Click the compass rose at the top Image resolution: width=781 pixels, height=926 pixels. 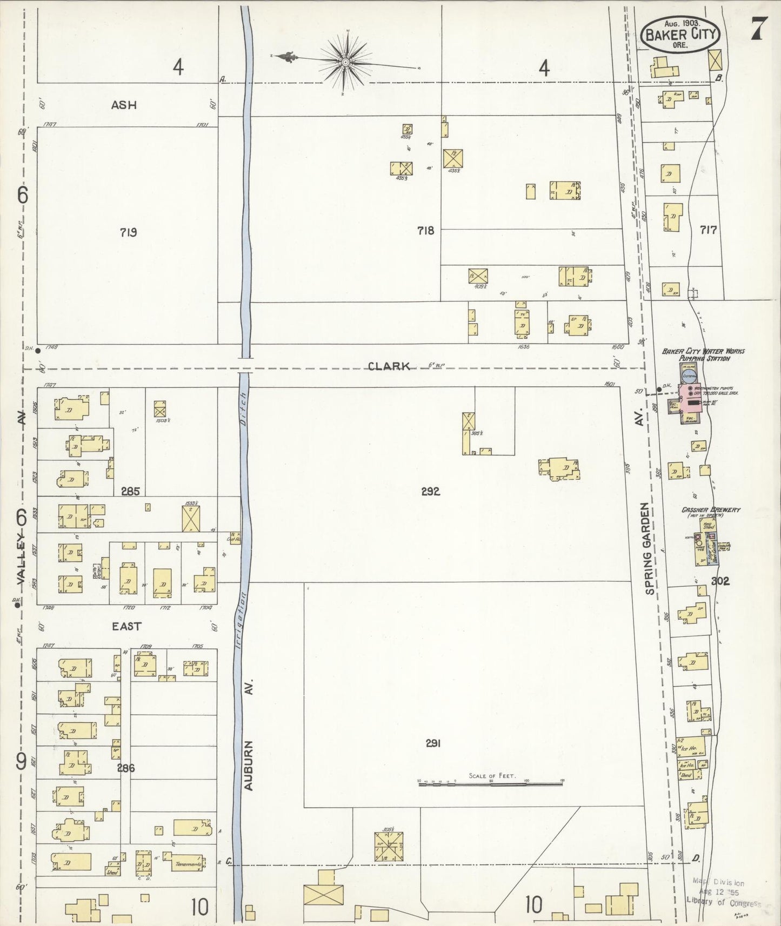click(345, 62)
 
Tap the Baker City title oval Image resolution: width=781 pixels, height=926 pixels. click(680, 34)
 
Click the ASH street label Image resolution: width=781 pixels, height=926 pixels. click(124, 105)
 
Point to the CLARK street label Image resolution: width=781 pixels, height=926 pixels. click(389, 366)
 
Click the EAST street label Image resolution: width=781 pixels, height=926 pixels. click(126, 626)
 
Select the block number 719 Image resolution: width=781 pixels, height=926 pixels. click(128, 232)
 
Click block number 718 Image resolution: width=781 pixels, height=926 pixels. click(425, 231)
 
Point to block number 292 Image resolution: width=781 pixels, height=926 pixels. click(430, 491)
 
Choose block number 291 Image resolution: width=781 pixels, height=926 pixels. click(433, 743)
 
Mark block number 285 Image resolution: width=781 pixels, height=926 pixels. click(130, 491)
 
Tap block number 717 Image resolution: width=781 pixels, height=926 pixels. click(708, 230)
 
